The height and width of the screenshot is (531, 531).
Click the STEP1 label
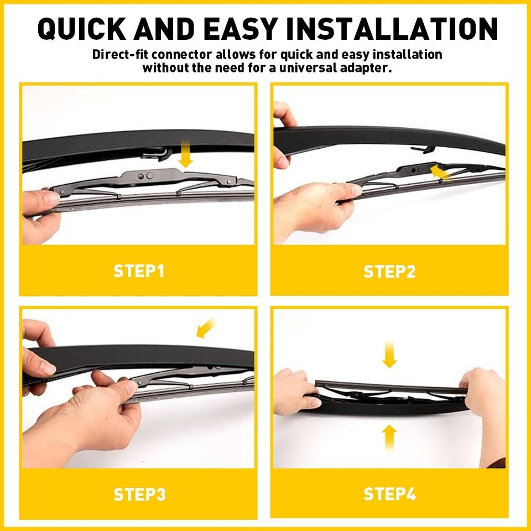(139, 271)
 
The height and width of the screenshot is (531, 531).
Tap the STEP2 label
(389, 271)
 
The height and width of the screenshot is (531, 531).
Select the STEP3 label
(139, 494)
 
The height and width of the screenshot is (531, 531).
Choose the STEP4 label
(389, 494)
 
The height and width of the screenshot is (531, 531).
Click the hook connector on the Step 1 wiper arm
(158, 153)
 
